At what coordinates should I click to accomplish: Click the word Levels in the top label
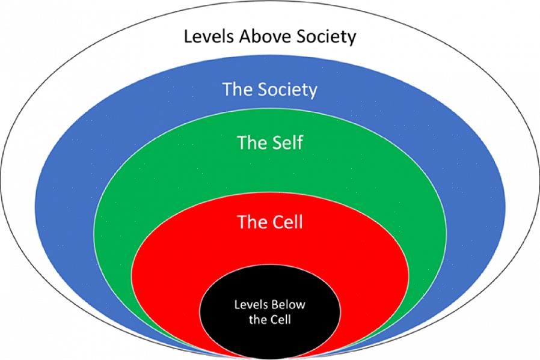[209, 36]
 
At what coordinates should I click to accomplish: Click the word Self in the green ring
[288, 142]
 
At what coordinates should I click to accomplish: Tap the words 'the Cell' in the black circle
[270, 320]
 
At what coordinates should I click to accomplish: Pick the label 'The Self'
[270, 142]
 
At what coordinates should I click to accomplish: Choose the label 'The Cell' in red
[270, 222]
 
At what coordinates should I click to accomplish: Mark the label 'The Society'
[270, 90]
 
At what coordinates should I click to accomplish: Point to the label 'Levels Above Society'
[270, 36]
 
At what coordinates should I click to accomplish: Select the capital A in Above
[245, 36]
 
